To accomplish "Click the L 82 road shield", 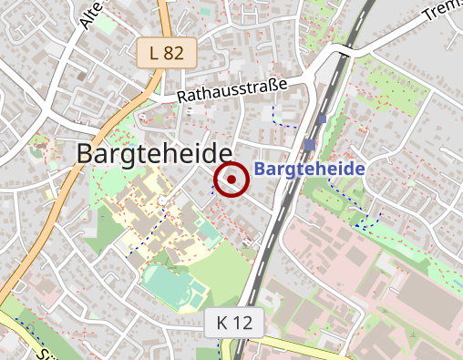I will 167,53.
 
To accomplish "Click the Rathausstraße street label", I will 232,89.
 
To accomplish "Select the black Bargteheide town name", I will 154,155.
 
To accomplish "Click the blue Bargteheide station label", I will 309,170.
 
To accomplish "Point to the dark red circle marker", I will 232,180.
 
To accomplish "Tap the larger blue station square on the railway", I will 310,145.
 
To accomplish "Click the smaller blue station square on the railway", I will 322,119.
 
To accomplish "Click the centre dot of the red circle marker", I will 232,180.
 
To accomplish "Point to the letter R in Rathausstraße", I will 182,97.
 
